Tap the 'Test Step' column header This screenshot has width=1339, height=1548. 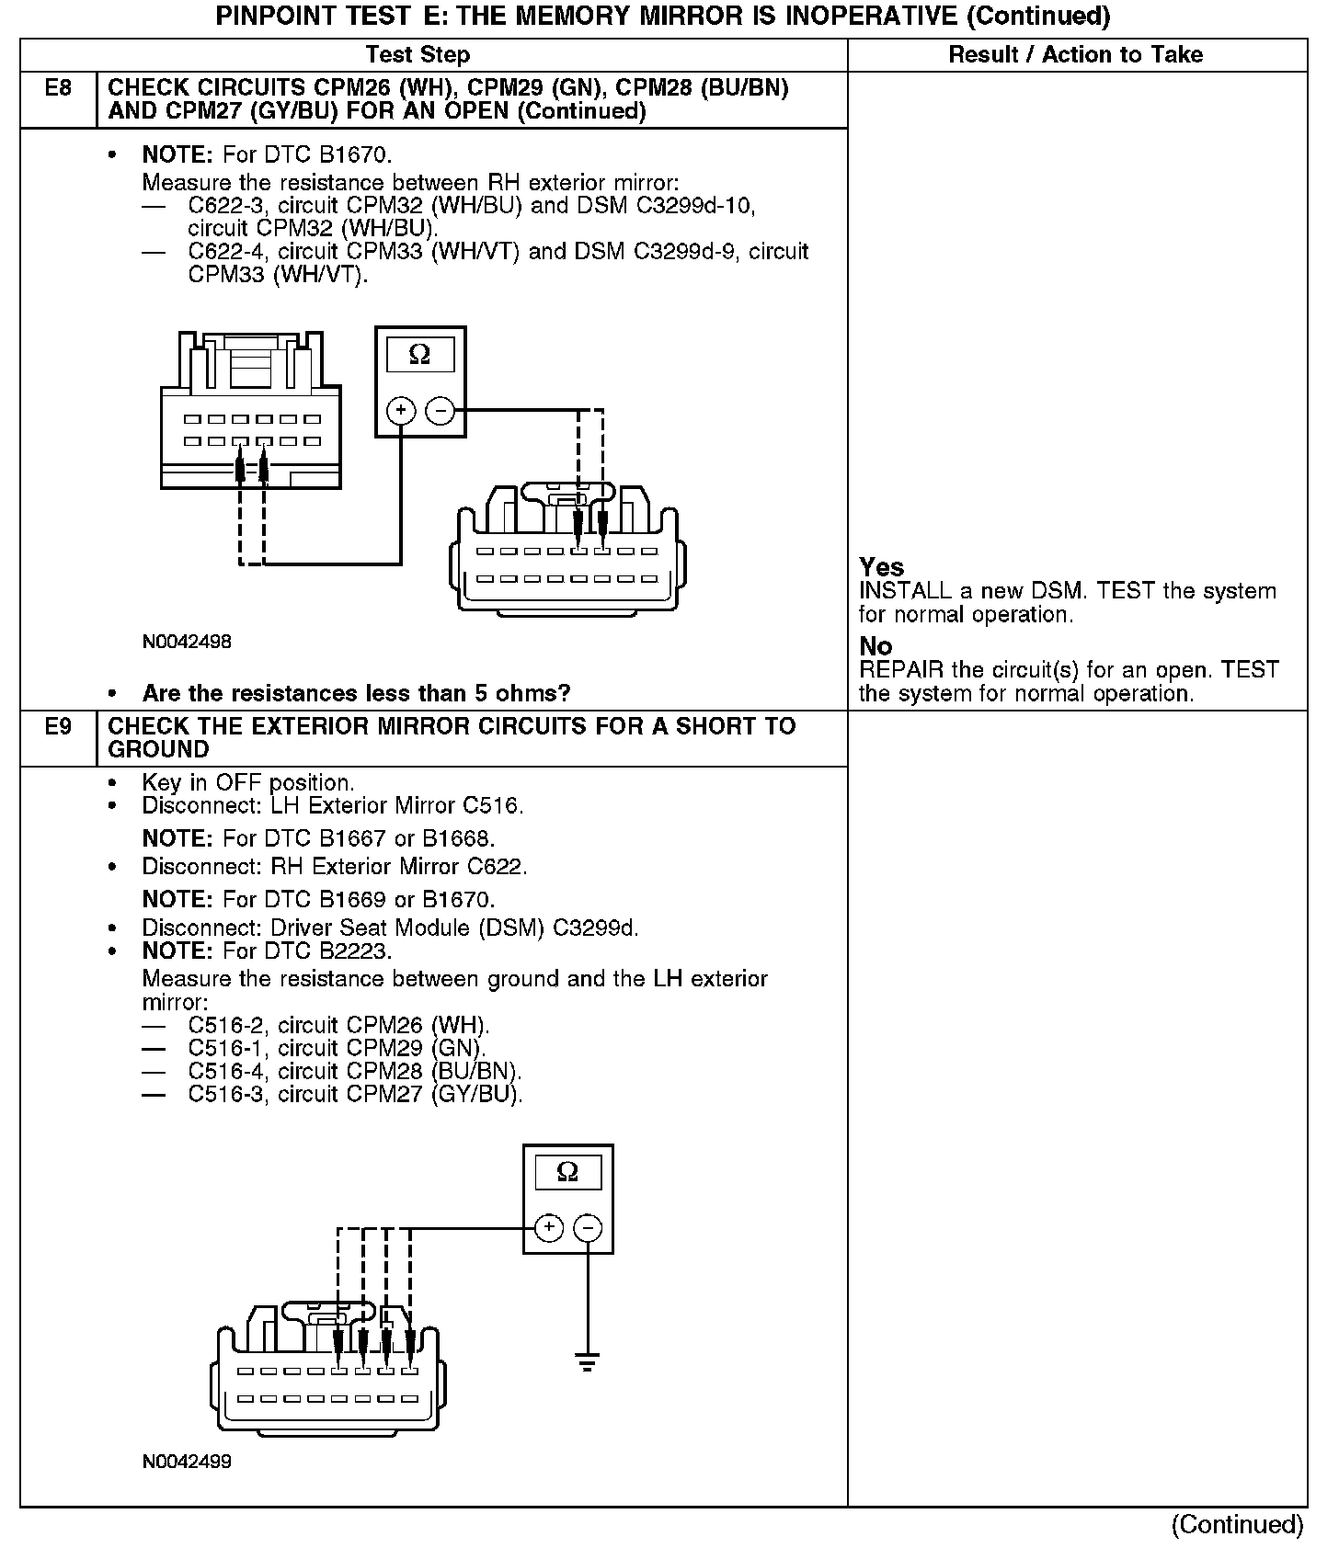(x=418, y=55)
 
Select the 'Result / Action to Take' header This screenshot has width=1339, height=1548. (x=1075, y=55)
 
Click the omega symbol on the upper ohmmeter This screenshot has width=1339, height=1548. (x=419, y=355)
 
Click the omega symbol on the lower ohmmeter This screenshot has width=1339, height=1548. (x=567, y=1172)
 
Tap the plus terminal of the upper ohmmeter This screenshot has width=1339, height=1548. (x=401, y=410)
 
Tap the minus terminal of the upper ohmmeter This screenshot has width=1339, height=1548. (x=441, y=410)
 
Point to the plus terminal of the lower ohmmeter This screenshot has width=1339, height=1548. (x=548, y=1227)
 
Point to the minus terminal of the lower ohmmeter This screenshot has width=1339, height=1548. (x=588, y=1227)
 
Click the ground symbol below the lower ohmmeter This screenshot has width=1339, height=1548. (x=588, y=1360)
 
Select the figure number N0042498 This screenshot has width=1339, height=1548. (x=187, y=643)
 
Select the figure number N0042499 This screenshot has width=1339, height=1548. (x=187, y=1462)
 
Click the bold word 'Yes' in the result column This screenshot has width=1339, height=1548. (x=881, y=567)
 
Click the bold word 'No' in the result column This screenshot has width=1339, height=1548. (x=875, y=646)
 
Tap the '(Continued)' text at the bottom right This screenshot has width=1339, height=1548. (x=1237, y=1525)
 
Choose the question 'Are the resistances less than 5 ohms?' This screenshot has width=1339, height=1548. (x=356, y=693)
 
